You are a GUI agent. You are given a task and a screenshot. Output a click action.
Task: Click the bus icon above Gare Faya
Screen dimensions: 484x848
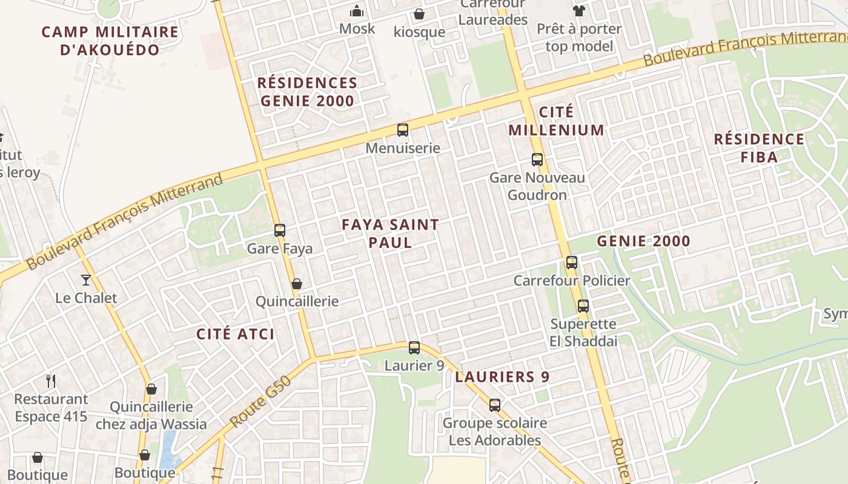[279, 231]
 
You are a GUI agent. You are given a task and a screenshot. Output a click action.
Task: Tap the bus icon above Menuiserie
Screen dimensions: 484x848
[402, 130]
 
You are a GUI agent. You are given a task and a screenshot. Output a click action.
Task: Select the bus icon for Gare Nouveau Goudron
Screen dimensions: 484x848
[537, 160]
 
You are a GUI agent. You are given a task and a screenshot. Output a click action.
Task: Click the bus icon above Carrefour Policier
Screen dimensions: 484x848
[572, 263]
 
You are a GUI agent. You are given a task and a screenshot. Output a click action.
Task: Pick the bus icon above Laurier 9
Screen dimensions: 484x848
[414, 348]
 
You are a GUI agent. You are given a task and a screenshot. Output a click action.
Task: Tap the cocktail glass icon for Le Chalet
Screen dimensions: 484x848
[86, 280]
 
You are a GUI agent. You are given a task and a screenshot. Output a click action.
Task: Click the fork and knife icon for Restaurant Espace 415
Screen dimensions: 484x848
[51, 381]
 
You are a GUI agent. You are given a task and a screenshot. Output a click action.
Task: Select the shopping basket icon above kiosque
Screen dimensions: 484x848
[419, 13]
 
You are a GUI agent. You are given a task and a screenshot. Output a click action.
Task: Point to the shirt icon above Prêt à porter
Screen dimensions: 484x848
[579, 10]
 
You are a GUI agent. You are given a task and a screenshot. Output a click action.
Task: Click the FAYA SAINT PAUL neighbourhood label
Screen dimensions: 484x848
[390, 234]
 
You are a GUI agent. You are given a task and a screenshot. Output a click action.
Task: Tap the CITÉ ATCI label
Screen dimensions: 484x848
[236, 334]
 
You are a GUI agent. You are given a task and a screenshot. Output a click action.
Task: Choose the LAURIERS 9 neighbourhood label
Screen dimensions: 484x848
[502, 377]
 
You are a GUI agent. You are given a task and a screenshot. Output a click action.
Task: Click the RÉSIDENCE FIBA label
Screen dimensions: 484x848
[759, 148]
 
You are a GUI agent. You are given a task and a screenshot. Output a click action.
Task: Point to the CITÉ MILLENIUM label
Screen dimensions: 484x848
[556, 121]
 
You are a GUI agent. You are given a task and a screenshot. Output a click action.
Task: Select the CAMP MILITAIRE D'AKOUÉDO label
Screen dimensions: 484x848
[110, 41]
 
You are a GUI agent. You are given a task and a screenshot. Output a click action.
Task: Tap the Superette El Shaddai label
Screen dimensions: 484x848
[584, 333]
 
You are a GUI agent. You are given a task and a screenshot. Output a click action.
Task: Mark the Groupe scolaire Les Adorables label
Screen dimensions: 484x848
[494, 431]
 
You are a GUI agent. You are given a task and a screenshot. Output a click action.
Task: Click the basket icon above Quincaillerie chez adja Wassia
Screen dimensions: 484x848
[151, 389]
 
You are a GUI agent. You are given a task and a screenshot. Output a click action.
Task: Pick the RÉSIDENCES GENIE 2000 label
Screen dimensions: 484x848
[307, 92]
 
